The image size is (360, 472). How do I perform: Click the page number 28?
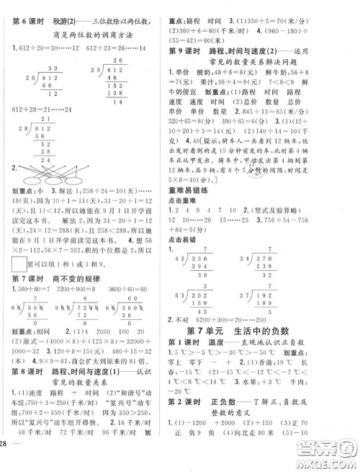pos(8,462)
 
